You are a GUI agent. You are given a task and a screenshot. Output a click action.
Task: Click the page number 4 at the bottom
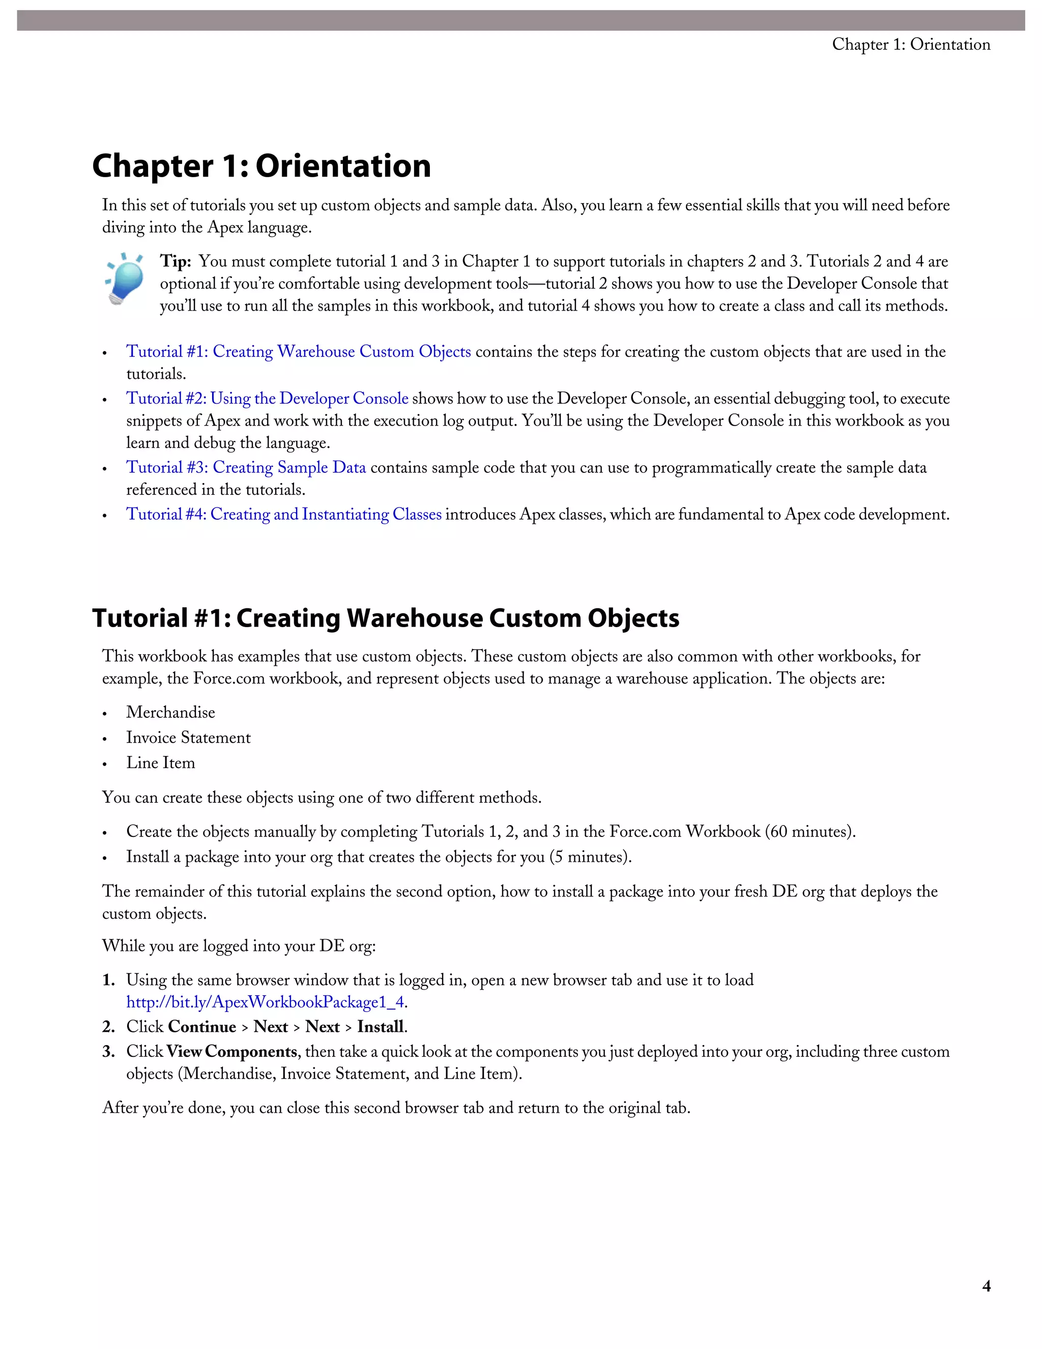coord(987,1286)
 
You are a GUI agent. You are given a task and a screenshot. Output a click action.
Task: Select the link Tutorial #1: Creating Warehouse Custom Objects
coord(298,351)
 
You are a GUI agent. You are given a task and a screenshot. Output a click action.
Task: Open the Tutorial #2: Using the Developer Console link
coord(267,399)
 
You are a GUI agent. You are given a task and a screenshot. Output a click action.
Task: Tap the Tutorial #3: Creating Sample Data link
coord(246,468)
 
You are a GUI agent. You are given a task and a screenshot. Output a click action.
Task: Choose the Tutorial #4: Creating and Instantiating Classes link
coord(283,515)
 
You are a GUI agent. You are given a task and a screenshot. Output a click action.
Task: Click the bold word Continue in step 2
coord(202,1027)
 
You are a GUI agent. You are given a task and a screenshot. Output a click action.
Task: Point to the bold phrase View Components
coord(231,1051)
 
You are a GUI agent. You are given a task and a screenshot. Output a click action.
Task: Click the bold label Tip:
coord(176,261)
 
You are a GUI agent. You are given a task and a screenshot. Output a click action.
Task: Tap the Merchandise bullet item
coord(170,712)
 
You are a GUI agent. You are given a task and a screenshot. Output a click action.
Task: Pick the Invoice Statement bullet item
coord(188,738)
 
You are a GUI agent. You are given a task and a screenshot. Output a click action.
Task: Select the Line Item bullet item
coord(160,763)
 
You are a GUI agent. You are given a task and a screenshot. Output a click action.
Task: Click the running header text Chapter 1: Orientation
coord(911,44)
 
